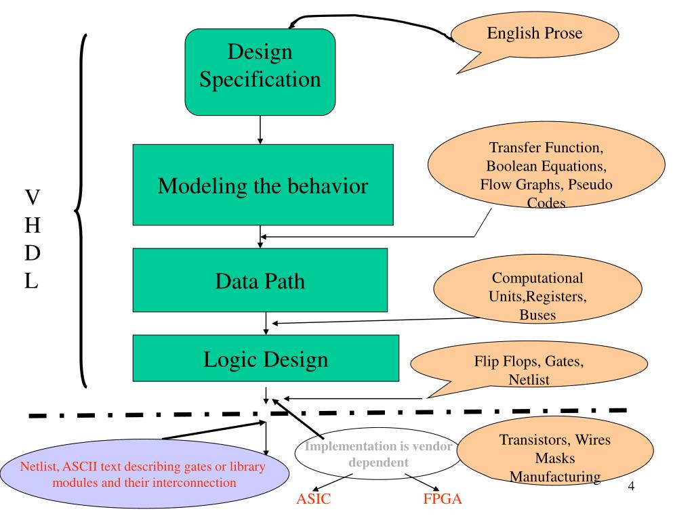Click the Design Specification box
[260, 72]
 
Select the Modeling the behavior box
[263, 185]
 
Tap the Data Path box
[260, 280]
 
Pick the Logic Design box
[266, 358]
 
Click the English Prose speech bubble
[535, 35]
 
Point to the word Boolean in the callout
[512, 166]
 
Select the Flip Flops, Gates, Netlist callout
[529, 367]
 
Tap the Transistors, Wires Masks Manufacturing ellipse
[555, 451]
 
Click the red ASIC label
[313, 499]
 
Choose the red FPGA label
[442, 499]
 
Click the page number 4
[631, 486]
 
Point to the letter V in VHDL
[33, 197]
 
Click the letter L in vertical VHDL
[31, 280]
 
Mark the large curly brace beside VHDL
[80, 211]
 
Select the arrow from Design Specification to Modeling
[260, 130]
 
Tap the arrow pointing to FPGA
[422, 482]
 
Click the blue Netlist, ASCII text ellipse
[144, 474]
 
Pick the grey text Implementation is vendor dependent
[378, 454]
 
